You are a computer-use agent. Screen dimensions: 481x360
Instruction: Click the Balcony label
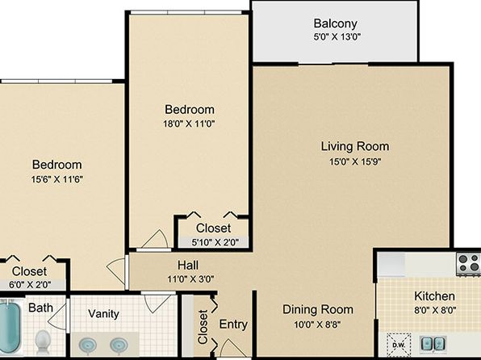[335, 23]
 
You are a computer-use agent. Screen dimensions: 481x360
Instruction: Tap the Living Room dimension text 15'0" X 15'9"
[355, 161]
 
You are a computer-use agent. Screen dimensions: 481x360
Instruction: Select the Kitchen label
[434, 296]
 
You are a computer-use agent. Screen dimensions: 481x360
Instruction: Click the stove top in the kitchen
[468, 263]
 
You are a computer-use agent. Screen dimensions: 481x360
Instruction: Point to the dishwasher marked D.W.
[399, 345]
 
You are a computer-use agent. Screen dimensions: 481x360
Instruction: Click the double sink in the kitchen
[433, 343]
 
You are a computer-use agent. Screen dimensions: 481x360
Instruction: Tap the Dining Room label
[318, 309]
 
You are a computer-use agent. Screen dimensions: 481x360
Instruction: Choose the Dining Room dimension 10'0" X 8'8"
[317, 324]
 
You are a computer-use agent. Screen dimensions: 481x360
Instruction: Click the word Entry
[233, 324]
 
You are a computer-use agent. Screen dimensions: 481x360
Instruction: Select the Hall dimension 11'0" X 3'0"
[190, 279]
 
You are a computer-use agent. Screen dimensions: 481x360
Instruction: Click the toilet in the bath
[43, 342]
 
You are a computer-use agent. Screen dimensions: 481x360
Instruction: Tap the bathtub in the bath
[10, 328]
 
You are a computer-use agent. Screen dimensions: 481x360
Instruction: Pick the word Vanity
[103, 314]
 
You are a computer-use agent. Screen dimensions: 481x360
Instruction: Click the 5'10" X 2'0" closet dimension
[215, 242]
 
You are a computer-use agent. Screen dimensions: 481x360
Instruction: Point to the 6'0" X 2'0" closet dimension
[30, 285]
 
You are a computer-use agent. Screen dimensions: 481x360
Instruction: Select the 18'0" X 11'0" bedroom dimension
[189, 124]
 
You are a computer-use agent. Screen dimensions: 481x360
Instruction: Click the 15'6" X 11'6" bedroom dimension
[57, 179]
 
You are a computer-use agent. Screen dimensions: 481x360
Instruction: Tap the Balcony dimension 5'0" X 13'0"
[337, 37]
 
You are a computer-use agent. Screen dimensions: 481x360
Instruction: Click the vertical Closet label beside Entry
[203, 327]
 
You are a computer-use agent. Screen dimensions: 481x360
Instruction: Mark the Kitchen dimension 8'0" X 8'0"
[435, 311]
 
